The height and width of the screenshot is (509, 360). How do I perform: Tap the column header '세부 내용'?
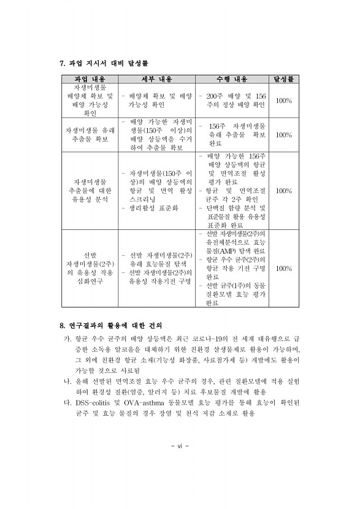(x=160, y=80)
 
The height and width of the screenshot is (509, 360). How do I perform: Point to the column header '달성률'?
(x=283, y=80)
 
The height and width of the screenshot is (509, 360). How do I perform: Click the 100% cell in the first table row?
(x=283, y=101)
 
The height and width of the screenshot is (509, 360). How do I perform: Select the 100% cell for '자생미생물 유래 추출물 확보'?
(x=283, y=134)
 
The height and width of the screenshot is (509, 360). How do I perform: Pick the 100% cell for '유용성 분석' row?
(x=283, y=191)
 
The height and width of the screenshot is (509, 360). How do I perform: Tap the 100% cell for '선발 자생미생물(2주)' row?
(x=283, y=268)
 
